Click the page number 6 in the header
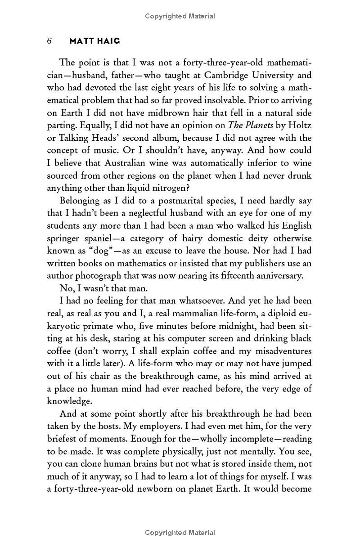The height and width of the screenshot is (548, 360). [50, 41]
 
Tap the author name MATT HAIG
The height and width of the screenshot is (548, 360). [95, 41]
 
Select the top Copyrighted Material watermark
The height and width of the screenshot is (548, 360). [180, 16]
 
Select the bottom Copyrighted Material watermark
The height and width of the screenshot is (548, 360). [180, 533]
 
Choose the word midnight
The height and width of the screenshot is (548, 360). [241, 326]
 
